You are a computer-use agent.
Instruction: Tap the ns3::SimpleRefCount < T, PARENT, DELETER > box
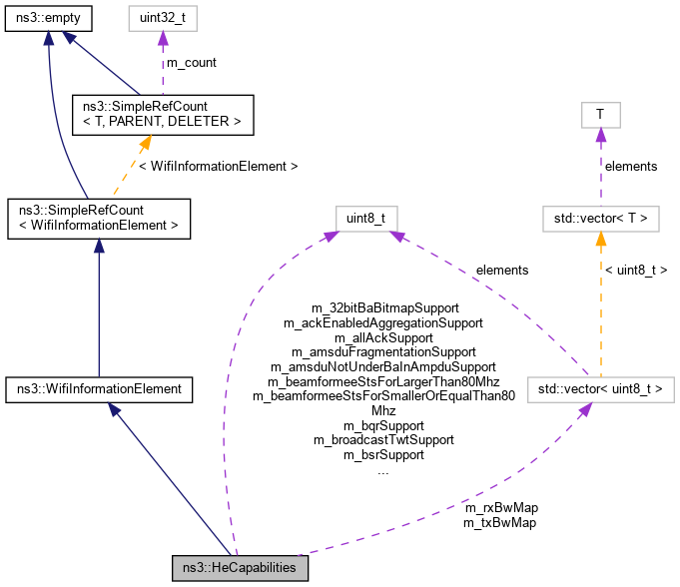point(163,115)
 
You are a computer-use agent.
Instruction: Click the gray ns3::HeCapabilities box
point(240,568)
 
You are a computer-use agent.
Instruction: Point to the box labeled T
point(599,115)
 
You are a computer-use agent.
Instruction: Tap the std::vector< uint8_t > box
point(599,387)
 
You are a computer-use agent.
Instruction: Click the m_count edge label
point(191,63)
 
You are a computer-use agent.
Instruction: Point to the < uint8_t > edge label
point(635,270)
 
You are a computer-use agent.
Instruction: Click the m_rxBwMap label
point(500,507)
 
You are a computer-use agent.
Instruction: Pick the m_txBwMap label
point(500,522)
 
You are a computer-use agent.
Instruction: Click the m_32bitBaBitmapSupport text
point(383,308)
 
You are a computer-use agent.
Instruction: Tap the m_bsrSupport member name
point(383,454)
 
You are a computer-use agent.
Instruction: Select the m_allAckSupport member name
point(383,337)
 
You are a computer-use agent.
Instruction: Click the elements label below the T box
point(631,166)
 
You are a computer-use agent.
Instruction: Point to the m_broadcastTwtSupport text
point(383,439)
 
